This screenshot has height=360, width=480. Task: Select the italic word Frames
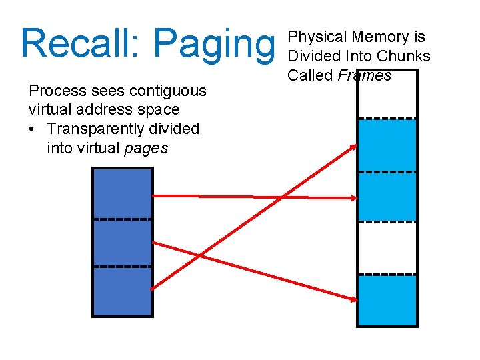pos(365,75)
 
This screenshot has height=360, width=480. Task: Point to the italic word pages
pos(147,147)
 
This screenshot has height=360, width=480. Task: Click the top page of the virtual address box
pos(122,193)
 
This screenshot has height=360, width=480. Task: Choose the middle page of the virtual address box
pos(122,243)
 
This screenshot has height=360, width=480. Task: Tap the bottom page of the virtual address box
pos(122,291)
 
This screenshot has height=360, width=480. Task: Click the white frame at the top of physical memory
pos(387,95)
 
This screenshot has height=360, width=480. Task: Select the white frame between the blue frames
pos(387,247)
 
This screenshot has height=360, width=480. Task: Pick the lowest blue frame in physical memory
pos(387,300)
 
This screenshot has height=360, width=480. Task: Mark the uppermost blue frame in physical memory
pos(387,145)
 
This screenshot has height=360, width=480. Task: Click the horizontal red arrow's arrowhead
pos(352,197)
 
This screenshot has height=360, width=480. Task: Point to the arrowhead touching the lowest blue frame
pos(352,298)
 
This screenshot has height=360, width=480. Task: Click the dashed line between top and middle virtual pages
pos(122,219)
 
